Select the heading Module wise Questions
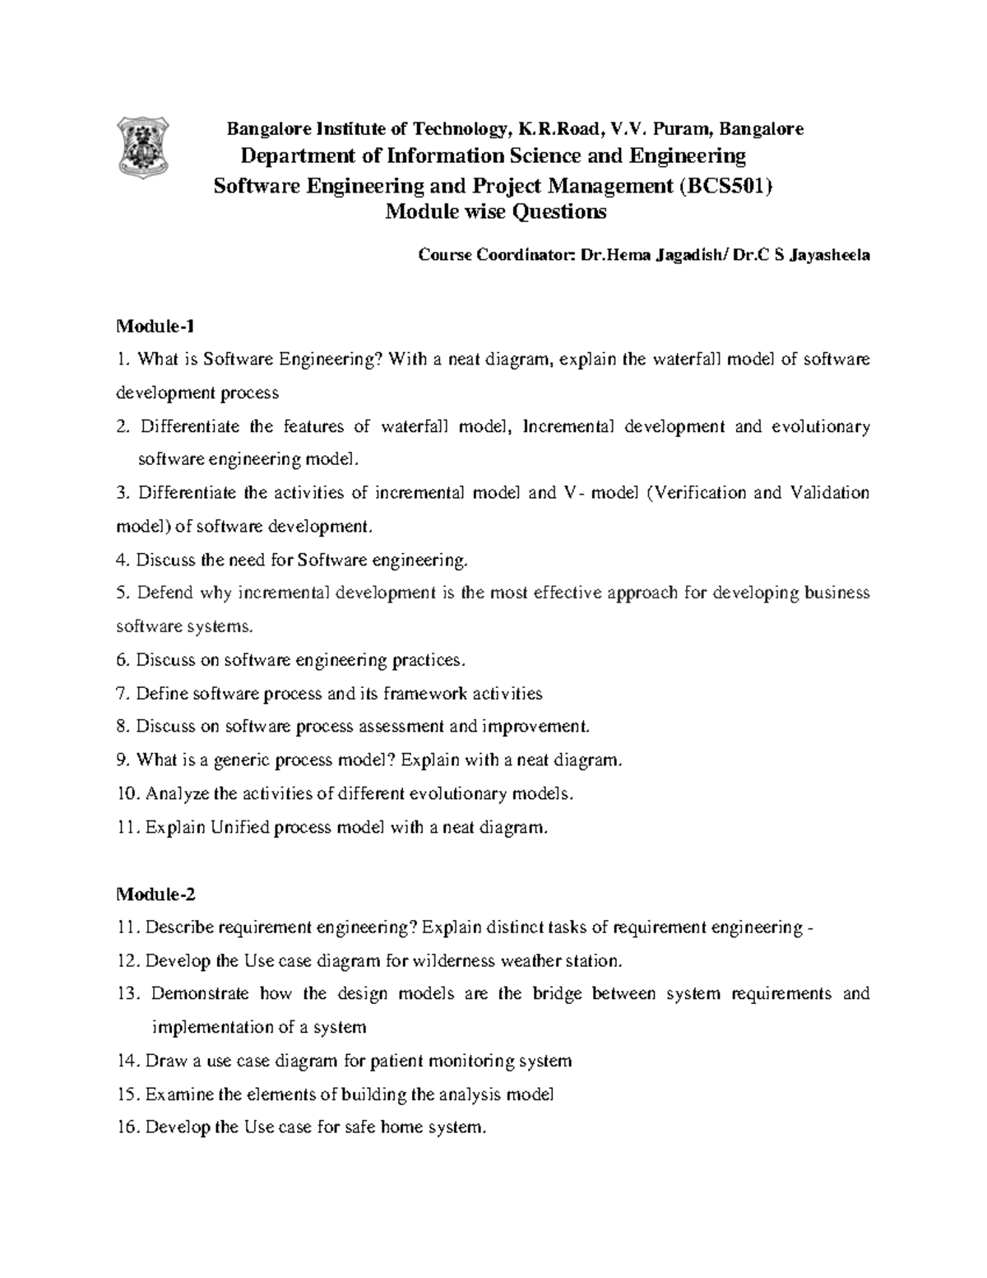point(496,213)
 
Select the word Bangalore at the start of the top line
point(265,128)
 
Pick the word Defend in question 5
point(161,593)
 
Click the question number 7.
point(123,694)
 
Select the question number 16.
point(128,1127)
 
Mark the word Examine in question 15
point(175,1094)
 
